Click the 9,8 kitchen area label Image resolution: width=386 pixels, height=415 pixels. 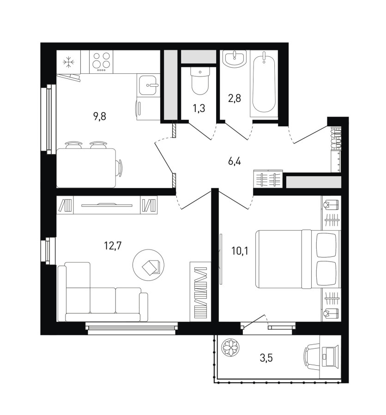click(x=100, y=116)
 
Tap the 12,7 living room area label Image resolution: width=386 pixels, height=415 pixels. click(x=113, y=246)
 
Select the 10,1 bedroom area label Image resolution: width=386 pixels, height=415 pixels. click(x=240, y=250)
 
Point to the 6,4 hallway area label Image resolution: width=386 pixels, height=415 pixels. click(x=235, y=161)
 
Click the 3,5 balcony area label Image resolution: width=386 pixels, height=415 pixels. click(x=266, y=358)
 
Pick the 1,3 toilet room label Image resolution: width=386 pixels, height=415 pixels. click(x=199, y=108)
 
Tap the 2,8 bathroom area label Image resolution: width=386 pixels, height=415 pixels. click(x=235, y=98)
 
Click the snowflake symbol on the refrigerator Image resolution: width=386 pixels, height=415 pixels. click(x=69, y=62)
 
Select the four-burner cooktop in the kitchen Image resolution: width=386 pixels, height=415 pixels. click(x=101, y=62)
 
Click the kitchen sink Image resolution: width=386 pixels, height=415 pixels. click(x=148, y=85)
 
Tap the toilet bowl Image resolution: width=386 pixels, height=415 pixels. click(x=200, y=81)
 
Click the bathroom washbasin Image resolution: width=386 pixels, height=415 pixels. click(x=235, y=59)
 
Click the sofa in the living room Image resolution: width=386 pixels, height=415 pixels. click(x=103, y=292)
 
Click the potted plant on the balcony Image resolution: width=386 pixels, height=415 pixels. click(x=231, y=348)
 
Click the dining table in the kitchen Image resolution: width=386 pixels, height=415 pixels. click(x=86, y=168)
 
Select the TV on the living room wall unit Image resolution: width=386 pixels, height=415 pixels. click(x=107, y=205)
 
